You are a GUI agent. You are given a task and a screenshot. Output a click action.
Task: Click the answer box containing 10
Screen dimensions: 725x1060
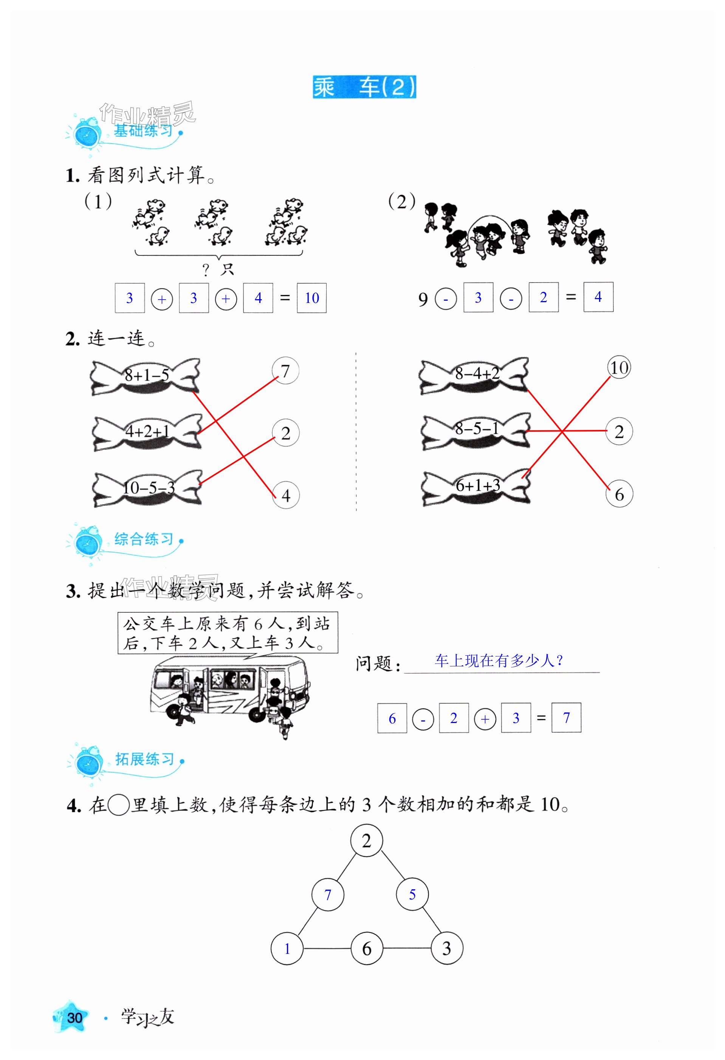point(311,298)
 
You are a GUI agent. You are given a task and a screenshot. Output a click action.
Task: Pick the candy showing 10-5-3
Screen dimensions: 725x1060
point(147,488)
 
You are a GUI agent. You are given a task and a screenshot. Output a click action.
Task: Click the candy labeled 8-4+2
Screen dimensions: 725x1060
point(474,375)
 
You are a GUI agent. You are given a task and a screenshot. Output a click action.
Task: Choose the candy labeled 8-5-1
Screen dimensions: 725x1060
point(476,430)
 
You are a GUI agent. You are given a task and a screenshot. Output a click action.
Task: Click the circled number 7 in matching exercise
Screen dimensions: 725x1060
point(285,371)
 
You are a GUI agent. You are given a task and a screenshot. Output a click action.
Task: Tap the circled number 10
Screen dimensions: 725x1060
point(619,368)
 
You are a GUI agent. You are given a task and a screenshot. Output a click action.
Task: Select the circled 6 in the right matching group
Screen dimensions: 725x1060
point(619,494)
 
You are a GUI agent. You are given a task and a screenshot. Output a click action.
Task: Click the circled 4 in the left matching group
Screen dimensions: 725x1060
point(286,495)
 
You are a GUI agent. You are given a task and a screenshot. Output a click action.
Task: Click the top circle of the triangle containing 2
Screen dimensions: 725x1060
point(366,840)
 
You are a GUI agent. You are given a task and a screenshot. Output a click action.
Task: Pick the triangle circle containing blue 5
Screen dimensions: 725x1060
point(412,895)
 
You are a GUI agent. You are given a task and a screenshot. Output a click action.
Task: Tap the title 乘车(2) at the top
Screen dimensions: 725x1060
point(364,87)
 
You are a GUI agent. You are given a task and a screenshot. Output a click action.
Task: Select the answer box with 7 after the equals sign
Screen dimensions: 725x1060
point(566,718)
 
